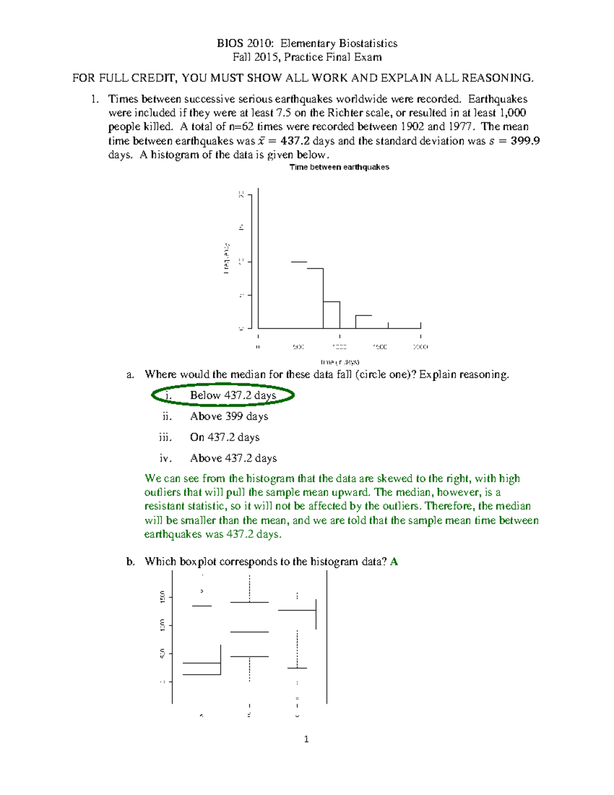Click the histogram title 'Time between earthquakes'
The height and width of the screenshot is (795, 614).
pos(339,167)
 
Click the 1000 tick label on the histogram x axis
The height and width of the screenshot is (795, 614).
pos(339,347)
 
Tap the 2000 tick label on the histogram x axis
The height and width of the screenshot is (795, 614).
pos(421,347)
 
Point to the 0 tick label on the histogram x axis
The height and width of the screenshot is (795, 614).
pos(258,347)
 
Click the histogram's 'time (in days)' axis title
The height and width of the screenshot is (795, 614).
pos(340,362)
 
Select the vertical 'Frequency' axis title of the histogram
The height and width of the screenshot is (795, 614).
pos(226,259)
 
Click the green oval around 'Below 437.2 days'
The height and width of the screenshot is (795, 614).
pos(223,395)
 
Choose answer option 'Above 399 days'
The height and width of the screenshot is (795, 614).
pos(229,417)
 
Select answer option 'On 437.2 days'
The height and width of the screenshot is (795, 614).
pos(225,438)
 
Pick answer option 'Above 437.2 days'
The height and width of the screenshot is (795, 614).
pos(233,458)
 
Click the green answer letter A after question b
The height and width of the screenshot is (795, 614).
pos(394,562)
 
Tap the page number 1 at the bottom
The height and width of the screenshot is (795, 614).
pos(306,739)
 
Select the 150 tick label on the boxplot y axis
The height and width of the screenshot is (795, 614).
pos(162,597)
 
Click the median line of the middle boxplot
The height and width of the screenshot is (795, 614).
pos(249,632)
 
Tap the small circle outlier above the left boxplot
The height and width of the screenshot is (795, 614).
pos(202,591)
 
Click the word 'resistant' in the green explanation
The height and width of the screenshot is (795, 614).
pos(165,506)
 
